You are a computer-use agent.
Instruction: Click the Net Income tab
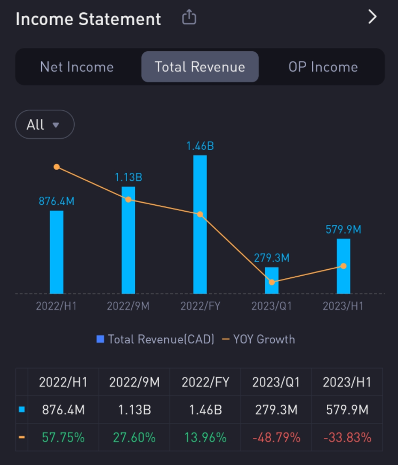pos(77,67)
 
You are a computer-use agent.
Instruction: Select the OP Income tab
pos(323,67)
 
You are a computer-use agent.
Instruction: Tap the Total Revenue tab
pos(200,67)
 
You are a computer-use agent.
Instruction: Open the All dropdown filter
pos(45,125)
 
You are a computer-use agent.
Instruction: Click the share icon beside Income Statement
pos(189,18)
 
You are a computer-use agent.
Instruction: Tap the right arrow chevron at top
pos(372,17)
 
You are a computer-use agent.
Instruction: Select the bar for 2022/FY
pos(200,224)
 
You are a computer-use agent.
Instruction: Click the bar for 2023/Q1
pos(272,280)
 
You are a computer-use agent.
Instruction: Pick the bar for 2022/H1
pos(57,252)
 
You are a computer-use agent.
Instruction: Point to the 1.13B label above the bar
pos(129,177)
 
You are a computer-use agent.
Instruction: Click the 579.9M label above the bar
pos(344,229)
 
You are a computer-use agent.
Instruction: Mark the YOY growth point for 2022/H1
pos(57,167)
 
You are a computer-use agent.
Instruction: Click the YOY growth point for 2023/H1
pos(344,266)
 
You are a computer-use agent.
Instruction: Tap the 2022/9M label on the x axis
pos(129,307)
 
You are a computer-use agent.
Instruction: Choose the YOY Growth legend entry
pos(258,339)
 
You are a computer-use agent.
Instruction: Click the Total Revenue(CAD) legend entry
pos(155,339)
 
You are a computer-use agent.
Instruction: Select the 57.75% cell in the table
pos(63,438)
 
